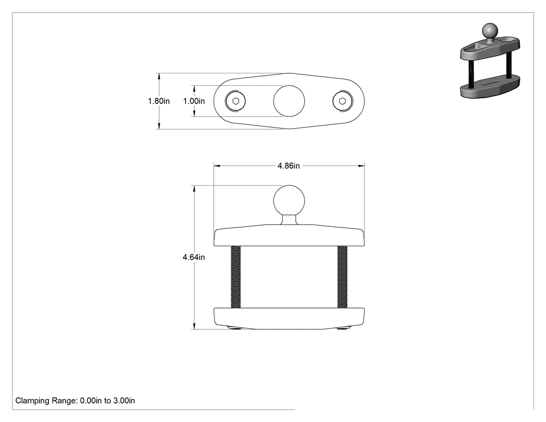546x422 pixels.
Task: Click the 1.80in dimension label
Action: coord(159,101)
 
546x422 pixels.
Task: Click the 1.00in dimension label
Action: coord(194,101)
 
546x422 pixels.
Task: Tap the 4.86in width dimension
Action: coord(289,166)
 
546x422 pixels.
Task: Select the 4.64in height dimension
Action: coord(194,257)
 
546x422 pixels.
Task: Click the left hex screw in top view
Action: coord(236,101)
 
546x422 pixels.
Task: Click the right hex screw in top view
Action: coord(343,101)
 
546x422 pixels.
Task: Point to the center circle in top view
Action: coord(289,101)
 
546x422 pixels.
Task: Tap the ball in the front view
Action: coord(289,201)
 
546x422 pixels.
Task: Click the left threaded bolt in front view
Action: coord(236,277)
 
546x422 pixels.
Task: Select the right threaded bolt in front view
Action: coord(343,277)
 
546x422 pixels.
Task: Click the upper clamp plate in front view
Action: coord(289,235)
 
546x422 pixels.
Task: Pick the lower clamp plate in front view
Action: coord(289,318)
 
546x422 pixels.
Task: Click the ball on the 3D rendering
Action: coord(490,31)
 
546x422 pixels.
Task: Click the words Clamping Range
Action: coord(46,401)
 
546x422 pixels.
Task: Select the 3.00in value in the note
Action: coord(124,401)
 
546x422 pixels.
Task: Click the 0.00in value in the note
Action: coord(91,401)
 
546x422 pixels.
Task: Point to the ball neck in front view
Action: coord(289,220)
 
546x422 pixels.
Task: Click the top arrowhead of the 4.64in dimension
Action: coord(194,188)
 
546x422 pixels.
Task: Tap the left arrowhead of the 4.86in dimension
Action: coord(217,166)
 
